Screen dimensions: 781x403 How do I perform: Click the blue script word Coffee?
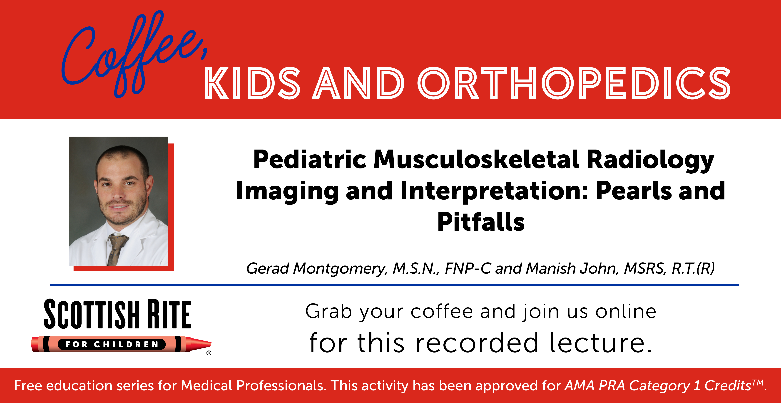133,55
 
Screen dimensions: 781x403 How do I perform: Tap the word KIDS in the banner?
252,83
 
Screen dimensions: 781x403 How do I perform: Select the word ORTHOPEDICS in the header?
574,83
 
